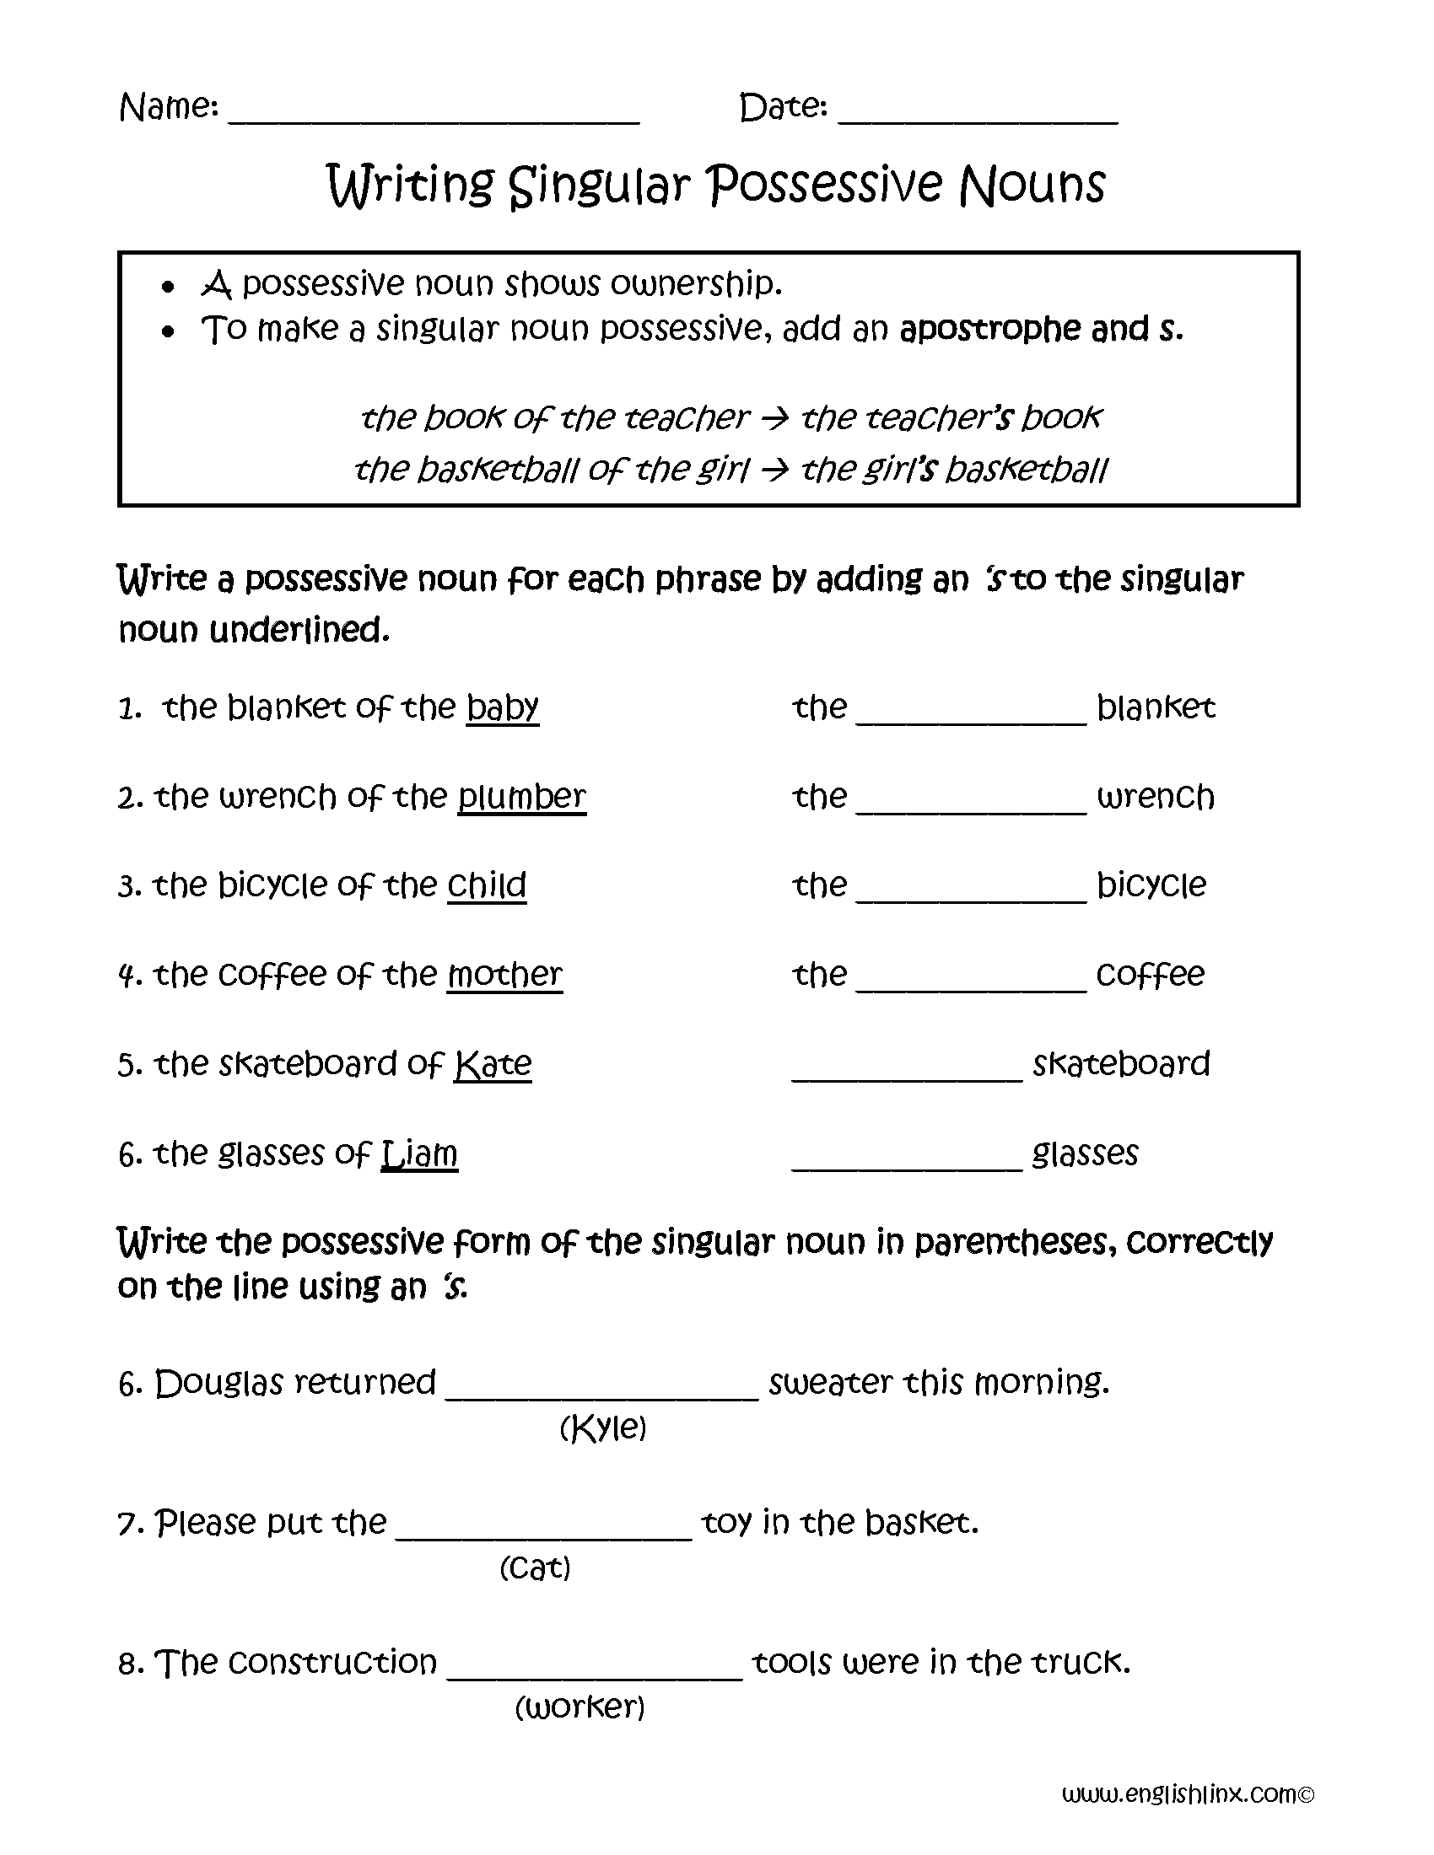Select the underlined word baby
coord(502,707)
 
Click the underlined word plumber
coord(521,797)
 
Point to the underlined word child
coord(487,885)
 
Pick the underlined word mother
coord(504,974)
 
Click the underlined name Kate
coord(493,1063)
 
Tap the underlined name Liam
coord(420,1153)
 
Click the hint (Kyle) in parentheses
coord(603,1428)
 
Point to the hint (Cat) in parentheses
coord(534,1567)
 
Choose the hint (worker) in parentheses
coord(580,1707)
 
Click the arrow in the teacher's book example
coord(774,418)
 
